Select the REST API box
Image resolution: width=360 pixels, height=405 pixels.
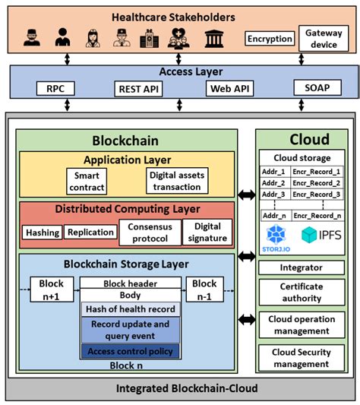click(138, 88)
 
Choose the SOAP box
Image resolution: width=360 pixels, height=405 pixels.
click(317, 88)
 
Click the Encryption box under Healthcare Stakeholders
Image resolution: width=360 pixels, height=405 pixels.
click(269, 39)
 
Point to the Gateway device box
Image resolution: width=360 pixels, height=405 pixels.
click(323, 39)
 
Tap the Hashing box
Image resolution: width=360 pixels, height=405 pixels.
click(41, 233)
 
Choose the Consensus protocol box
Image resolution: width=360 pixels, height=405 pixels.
click(149, 233)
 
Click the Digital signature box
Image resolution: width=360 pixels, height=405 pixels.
click(207, 233)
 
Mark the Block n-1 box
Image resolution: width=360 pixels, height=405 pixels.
click(204, 289)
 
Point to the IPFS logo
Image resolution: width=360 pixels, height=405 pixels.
click(323, 234)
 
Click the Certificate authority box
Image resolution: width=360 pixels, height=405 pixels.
click(301, 292)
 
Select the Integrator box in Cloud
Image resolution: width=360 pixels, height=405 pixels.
click(301, 267)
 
